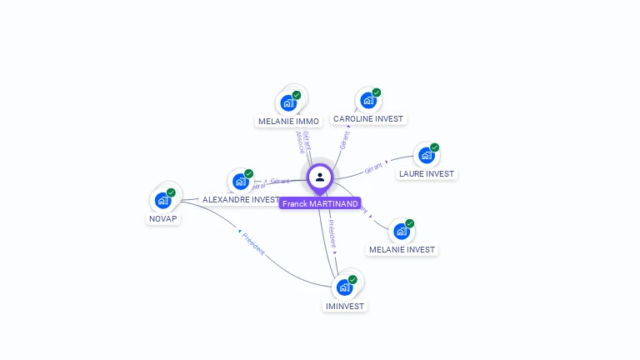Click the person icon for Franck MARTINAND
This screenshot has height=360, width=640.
point(320,177)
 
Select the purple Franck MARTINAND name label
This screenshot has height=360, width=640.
point(320,203)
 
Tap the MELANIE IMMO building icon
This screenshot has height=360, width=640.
point(288,103)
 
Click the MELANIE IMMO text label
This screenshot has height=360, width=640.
point(288,121)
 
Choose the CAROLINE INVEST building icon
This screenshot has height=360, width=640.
point(367,101)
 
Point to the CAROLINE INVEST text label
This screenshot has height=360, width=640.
point(367,119)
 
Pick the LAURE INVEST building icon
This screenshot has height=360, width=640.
point(427,155)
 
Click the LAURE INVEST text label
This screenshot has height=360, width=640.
point(427,173)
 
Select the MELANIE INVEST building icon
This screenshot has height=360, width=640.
point(401,231)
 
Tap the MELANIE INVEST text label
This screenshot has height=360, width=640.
point(402,249)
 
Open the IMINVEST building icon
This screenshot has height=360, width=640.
point(344,287)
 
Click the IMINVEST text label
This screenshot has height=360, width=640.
point(344,306)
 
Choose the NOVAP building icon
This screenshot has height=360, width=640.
point(162,200)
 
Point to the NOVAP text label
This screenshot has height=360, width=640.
point(162,218)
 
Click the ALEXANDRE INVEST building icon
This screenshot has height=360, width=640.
point(240,182)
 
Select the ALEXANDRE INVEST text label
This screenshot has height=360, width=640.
point(241,200)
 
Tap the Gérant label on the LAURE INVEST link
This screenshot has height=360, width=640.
point(373,167)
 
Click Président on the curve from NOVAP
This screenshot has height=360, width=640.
point(253,242)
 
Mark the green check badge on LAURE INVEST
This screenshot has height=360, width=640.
point(434,147)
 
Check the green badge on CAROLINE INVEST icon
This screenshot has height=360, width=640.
point(376,93)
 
